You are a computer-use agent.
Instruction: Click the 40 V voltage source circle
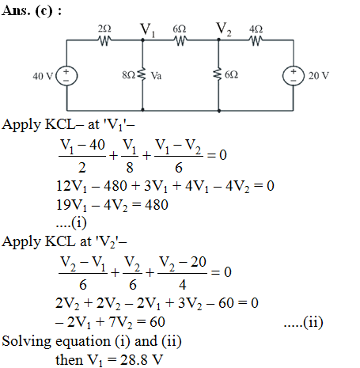click(x=66, y=76)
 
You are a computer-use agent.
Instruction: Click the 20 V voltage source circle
click(x=294, y=76)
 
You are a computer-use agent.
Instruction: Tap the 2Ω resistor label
click(x=104, y=28)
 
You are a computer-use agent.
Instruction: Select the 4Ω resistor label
click(x=256, y=29)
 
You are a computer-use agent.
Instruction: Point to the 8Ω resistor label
click(x=128, y=75)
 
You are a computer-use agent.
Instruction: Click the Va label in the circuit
click(x=156, y=76)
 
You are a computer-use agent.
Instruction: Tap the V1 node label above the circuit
click(x=148, y=30)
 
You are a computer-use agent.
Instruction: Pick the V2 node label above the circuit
click(x=224, y=29)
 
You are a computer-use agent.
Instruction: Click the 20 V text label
click(x=319, y=76)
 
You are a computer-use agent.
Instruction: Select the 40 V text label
click(x=43, y=76)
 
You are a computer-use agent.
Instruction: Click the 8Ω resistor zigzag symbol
click(x=142, y=74)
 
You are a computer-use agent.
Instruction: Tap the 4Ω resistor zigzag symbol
click(x=256, y=40)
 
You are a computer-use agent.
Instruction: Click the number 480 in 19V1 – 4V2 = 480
click(x=157, y=205)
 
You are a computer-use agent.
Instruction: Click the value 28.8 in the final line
click(x=131, y=359)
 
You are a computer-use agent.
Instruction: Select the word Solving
click(x=26, y=342)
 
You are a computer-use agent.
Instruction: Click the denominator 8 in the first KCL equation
click(x=130, y=168)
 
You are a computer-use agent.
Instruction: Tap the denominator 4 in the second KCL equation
click(x=183, y=285)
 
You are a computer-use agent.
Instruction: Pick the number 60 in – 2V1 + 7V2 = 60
click(x=157, y=322)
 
